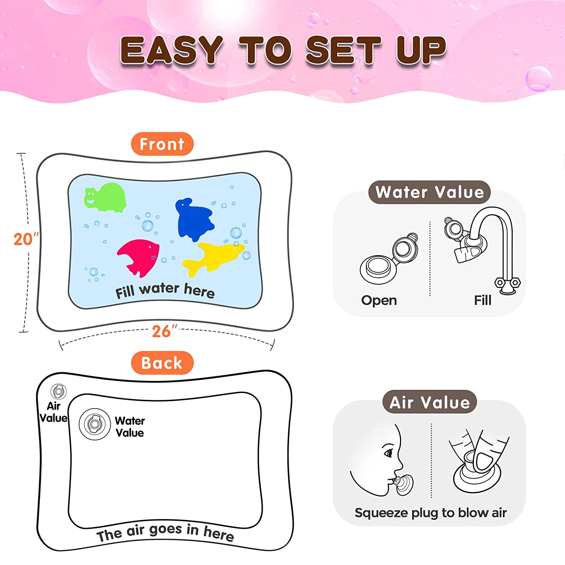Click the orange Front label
[162, 144]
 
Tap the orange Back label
[162, 363]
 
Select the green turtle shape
[105, 197]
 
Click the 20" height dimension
[26, 239]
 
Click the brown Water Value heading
[429, 192]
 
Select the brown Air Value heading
[430, 402]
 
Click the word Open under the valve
[379, 300]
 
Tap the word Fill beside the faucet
[483, 300]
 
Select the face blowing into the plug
[380, 461]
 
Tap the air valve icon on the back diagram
[58, 392]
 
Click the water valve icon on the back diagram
[95, 424]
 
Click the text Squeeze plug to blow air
[431, 513]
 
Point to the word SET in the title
[344, 50]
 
